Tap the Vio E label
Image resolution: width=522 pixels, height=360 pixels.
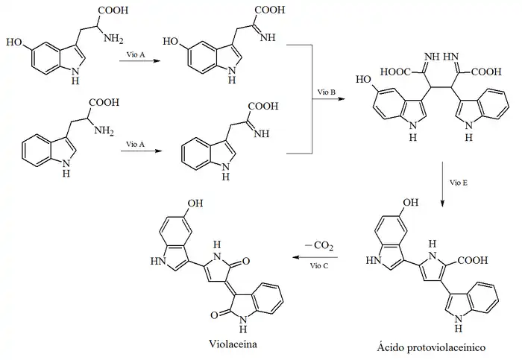click(459, 180)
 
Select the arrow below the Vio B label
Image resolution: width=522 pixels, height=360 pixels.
click(326, 99)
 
